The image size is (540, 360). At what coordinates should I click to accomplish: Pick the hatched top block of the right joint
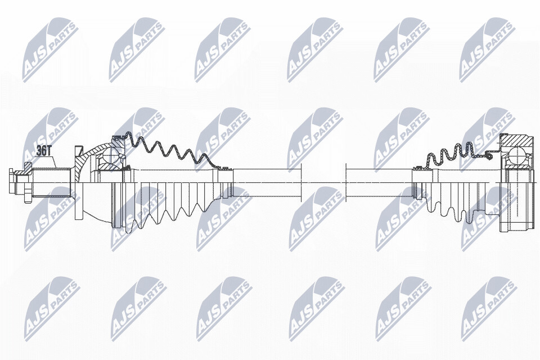(518, 141)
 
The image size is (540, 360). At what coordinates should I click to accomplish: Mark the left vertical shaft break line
(301, 183)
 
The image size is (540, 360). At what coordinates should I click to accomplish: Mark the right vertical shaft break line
(345, 183)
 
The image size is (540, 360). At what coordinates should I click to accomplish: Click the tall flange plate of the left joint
(79, 183)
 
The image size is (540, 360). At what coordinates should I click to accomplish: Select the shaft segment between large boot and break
(267, 183)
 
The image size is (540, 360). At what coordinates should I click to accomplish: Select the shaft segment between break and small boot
(379, 183)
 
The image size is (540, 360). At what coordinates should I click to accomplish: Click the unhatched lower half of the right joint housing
(518, 206)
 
